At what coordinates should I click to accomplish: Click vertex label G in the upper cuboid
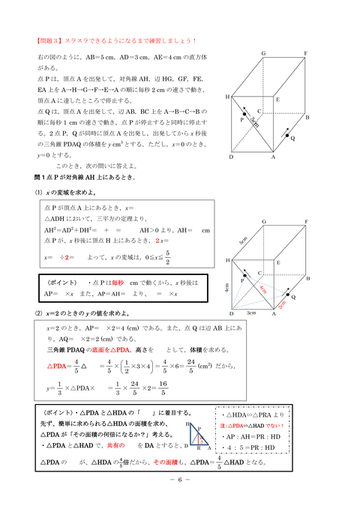263,54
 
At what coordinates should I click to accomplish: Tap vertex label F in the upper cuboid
306,54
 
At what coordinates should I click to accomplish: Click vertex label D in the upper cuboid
231,157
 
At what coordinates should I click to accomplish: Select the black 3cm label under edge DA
252,314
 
